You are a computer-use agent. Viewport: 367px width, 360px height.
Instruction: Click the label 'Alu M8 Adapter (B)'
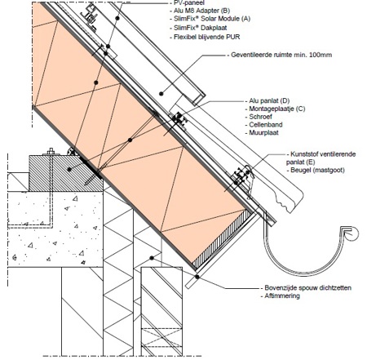tap(201, 11)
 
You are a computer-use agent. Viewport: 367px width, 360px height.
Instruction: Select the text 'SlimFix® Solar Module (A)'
tap(212, 19)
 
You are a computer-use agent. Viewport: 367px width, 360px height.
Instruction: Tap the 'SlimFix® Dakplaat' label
tap(201, 28)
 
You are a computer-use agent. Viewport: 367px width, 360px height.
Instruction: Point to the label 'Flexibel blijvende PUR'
tap(207, 37)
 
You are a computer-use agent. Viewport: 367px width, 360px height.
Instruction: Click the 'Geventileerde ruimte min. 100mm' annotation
tap(281, 55)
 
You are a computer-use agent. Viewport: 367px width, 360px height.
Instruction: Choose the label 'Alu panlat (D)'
tap(269, 101)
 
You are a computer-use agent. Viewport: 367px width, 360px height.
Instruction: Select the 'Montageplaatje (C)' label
tap(277, 109)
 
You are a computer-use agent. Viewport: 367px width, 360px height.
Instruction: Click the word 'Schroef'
tap(260, 117)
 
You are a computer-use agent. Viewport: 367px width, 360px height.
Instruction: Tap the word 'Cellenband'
tap(266, 125)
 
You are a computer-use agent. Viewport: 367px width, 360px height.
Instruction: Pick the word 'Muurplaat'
tap(263, 133)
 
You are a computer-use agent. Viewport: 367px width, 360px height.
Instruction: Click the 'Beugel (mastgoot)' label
tap(317, 171)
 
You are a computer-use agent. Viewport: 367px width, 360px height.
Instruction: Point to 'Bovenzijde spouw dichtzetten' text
tap(307, 288)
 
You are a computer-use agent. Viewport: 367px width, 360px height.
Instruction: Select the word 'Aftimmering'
tap(282, 296)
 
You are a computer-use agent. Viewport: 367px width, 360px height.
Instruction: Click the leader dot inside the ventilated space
tap(161, 94)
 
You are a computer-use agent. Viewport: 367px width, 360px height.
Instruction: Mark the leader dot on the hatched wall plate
tap(69, 170)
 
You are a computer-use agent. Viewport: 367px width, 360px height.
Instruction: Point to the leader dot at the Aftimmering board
tap(197, 277)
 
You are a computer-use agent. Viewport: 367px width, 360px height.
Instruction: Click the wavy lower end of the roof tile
tap(288, 205)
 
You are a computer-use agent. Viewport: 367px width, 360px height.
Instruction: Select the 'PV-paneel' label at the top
tap(189, 3)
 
